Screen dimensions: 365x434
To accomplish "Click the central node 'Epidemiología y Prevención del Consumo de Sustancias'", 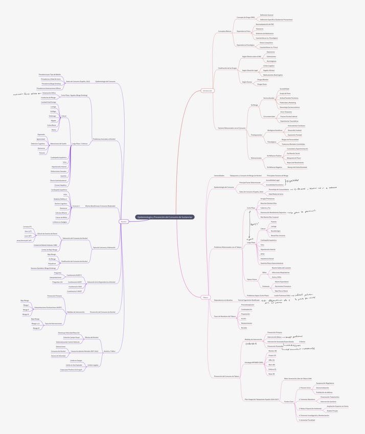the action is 165,217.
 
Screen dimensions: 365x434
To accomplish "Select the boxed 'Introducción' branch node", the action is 207,91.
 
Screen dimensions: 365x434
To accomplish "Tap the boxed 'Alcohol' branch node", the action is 124,221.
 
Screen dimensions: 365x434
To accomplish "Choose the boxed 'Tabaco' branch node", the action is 206,297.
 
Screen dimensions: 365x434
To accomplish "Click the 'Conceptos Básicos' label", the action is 225,31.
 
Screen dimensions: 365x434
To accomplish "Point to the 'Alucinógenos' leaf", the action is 271,61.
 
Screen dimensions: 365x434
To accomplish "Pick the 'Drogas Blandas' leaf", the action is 263,79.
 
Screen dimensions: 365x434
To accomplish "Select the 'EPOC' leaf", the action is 262,254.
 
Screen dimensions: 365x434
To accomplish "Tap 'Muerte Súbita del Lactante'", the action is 281,268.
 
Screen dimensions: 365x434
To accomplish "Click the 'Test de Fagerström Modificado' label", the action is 249,300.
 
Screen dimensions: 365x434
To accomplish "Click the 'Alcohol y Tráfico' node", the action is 109,351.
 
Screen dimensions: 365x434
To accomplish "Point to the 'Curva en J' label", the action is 76,206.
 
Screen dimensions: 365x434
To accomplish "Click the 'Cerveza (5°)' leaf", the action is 27,226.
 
